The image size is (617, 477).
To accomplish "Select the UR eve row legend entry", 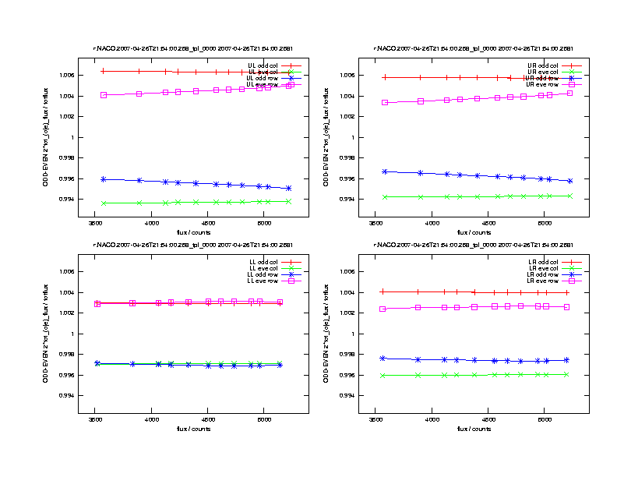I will click(x=541, y=84).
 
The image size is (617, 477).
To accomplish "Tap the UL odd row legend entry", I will click(x=261, y=78).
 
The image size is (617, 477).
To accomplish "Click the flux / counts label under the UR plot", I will click(x=474, y=232).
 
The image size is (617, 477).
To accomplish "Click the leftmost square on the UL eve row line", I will click(x=104, y=95).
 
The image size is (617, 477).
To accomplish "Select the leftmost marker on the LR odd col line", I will click(x=383, y=291).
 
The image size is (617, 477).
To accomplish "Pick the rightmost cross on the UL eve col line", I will click(x=288, y=201).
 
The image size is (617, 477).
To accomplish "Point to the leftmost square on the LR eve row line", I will click(x=383, y=309).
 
